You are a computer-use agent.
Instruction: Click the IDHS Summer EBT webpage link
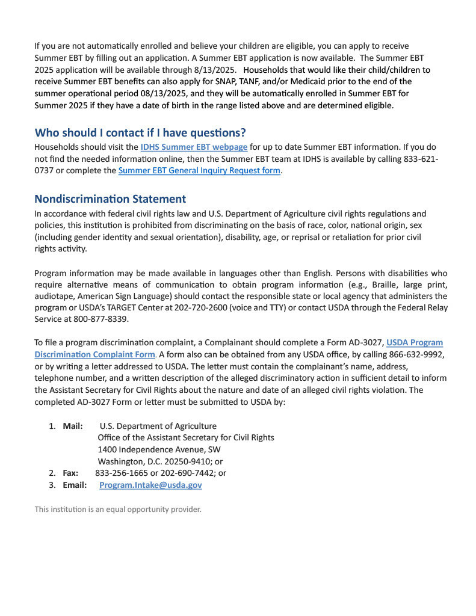194,147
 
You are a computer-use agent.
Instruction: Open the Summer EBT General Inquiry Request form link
199,170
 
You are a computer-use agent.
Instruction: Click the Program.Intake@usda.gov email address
150,485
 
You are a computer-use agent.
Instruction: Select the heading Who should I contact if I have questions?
140,132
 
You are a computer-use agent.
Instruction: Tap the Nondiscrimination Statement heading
110,199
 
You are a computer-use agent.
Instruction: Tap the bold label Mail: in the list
73,426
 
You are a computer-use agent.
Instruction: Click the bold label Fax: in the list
70,473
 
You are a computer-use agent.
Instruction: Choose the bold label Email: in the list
75,485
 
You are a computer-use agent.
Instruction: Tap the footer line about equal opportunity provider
117,510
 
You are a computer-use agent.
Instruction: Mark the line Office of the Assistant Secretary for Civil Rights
185,437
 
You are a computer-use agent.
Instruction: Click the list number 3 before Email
52,485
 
